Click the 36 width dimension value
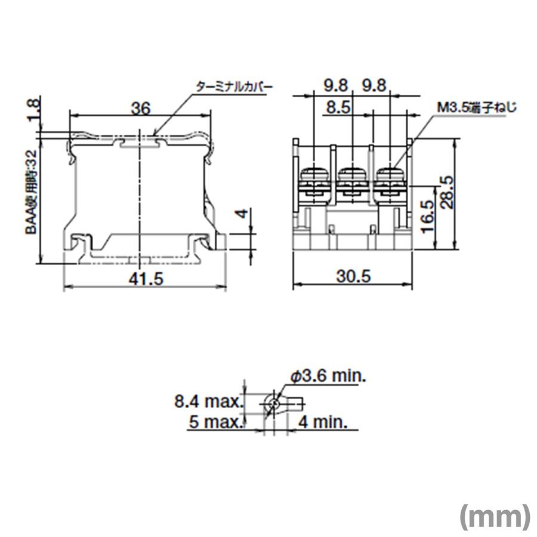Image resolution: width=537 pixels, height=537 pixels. (x=140, y=108)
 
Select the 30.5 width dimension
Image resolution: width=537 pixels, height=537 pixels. (x=354, y=277)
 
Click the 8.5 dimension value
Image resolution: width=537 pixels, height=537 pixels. (x=337, y=108)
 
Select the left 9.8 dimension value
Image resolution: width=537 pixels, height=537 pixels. (x=336, y=86)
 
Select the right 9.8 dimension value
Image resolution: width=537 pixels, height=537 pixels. (x=374, y=86)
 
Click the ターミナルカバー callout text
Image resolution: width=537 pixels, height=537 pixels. (x=233, y=87)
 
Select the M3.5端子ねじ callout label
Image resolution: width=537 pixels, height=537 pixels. (x=476, y=108)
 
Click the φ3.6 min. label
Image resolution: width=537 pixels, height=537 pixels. (x=328, y=376)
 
